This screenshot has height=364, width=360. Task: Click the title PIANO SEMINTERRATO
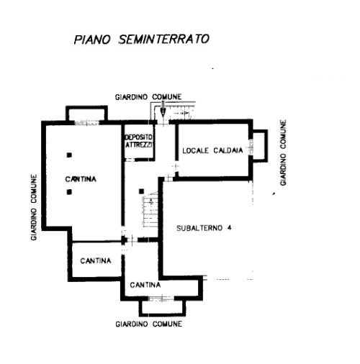(142, 40)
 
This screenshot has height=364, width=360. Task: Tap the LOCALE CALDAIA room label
(212, 150)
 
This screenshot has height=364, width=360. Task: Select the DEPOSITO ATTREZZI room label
(139, 141)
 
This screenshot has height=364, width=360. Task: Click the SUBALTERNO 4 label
(204, 228)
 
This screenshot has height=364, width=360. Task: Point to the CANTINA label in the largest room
(81, 179)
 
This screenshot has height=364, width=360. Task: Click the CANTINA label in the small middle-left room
(96, 260)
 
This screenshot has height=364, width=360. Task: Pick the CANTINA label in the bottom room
(145, 285)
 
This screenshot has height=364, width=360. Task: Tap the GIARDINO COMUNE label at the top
(148, 97)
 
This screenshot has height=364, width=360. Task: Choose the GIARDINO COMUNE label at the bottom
(149, 324)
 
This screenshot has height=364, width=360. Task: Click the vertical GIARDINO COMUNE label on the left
(34, 207)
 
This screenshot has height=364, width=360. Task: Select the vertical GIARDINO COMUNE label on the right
(284, 153)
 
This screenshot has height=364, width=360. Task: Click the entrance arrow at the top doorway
(163, 109)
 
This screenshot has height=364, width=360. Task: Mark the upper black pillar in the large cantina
(69, 155)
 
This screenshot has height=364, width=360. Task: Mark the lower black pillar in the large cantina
(69, 192)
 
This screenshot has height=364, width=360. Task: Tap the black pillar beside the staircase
(142, 191)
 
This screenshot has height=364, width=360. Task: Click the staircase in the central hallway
(150, 209)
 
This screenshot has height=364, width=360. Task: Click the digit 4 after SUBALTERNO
(229, 228)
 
